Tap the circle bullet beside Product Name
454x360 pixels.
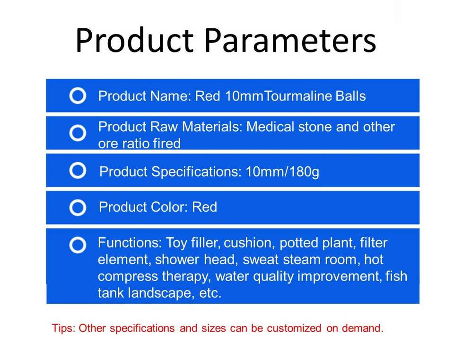coord(78,96)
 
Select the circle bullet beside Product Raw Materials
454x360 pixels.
coord(78,133)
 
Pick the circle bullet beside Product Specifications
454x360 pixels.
coord(78,170)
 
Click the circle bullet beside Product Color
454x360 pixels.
coord(78,207)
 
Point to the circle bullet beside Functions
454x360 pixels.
coord(78,245)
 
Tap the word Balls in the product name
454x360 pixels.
coord(350,96)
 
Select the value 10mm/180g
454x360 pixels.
coord(282,172)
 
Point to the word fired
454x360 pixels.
coord(166,144)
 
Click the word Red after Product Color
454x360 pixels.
coord(204,207)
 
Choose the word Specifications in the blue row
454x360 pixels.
coord(197,172)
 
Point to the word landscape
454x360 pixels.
coord(161,293)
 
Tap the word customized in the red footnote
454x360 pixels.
coord(294,328)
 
